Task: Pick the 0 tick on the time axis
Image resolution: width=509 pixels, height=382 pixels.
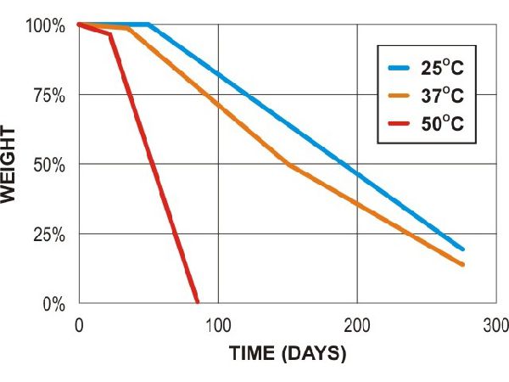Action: click(78, 324)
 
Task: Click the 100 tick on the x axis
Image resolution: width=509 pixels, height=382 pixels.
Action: click(218, 324)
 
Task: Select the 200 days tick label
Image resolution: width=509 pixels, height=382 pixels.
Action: click(357, 324)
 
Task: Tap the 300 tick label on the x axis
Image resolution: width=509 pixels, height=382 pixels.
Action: click(496, 324)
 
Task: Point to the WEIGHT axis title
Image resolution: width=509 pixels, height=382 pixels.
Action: click(10, 164)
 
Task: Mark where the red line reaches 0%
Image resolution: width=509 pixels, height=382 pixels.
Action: click(197, 301)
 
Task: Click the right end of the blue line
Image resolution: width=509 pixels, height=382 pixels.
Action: click(462, 249)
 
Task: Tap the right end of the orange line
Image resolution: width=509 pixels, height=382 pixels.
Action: click(462, 264)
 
